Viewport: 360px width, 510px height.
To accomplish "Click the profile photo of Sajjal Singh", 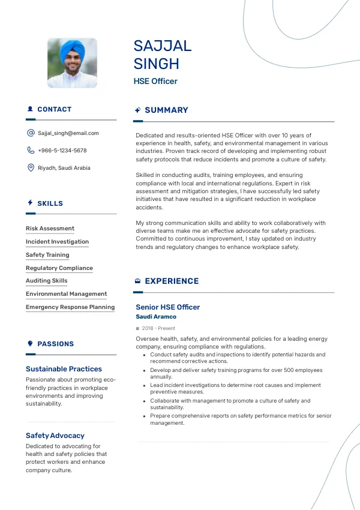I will [x=72, y=64].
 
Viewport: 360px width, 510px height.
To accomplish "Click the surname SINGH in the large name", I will [x=157, y=64].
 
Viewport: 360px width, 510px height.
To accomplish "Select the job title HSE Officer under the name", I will [x=155, y=81].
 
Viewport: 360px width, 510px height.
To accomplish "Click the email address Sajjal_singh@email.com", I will [x=68, y=133].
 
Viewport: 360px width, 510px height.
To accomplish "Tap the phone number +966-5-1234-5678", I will [x=62, y=151].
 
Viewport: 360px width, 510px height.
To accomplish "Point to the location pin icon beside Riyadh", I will [x=31, y=168].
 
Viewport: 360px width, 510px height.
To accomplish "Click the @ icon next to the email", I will [x=31, y=133].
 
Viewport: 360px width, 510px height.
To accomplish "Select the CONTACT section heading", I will [x=54, y=109].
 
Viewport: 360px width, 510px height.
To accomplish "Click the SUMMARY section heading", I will [x=166, y=110].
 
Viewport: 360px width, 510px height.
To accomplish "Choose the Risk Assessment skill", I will [x=50, y=229].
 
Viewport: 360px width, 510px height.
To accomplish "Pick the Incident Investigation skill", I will [x=57, y=242].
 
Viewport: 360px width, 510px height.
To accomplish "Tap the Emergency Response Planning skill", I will [x=70, y=307].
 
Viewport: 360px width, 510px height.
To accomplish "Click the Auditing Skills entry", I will [x=46, y=281].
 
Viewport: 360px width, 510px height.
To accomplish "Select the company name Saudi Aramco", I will [x=156, y=317].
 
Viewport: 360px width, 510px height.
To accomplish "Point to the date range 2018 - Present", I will [x=158, y=329].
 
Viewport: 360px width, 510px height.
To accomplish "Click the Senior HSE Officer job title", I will [x=167, y=307].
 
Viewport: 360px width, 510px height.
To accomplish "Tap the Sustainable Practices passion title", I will [x=64, y=369].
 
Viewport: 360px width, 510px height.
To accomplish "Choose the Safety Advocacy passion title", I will [x=55, y=436].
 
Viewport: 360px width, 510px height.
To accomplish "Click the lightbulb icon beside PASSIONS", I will [x=30, y=344].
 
